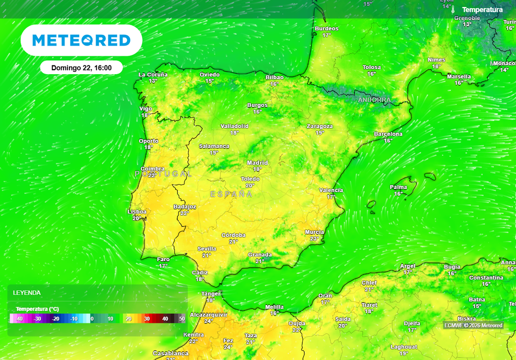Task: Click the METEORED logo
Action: click(81, 40)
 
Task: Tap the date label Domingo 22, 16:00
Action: click(81, 68)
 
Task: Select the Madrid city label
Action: click(257, 163)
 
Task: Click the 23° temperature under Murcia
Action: click(314, 238)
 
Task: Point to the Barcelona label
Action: click(388, 134)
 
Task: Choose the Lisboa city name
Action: click(137, 212)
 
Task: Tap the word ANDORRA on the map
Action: click(374, 100)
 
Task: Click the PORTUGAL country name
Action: click(163, 173)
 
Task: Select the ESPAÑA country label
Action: click(231, 194)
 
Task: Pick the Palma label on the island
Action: click(399, 187)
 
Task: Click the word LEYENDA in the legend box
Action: click(27, 293)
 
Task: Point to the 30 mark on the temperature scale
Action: click(147, 319)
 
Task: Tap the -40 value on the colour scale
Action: click(20, 319)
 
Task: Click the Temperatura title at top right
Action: click(482, 10)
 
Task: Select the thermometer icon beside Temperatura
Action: click(453, 10)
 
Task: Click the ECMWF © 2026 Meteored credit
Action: click(473, 325)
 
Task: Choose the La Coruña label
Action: click(153, 75)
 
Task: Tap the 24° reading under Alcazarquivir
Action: click(208, 321)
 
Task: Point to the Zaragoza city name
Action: click(320, 126)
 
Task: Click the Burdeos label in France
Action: click(327, 29)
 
